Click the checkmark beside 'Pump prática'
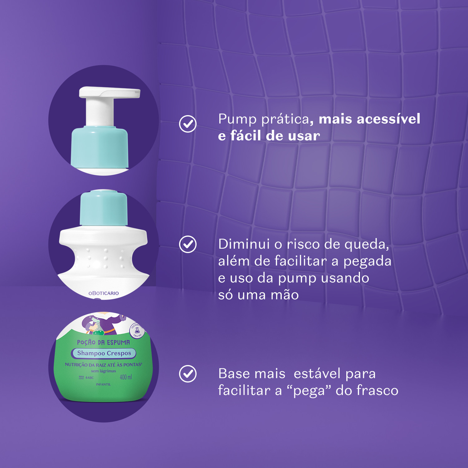click(188, 124)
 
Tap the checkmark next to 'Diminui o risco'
click(188, 244)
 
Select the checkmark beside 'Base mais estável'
click(188, 373)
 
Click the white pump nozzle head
click(109, 92)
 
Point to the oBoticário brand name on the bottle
click(104, 293)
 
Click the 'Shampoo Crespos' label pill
click(104, 353)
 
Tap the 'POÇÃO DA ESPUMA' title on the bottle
click(103, 342)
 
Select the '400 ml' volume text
click(126, 377)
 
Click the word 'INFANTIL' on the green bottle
click(103, 384)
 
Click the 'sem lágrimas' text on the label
click(103, 371)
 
